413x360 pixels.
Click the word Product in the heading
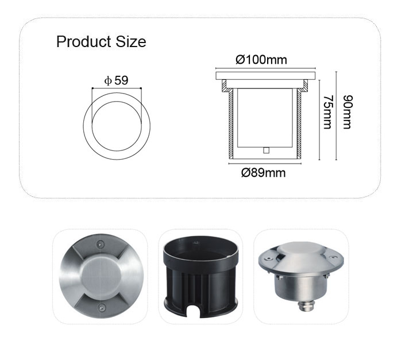coord(83,42)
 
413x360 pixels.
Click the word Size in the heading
coord(131,42)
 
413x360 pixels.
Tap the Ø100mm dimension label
coord(261,60)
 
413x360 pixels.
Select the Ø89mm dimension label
coord(264,173)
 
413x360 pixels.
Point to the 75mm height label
coord(328,112)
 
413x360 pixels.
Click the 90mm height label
coord(348,112)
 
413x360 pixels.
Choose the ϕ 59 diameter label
coord(116,80)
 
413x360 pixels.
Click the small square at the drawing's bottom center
coord(267,150)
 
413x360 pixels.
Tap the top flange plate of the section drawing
coord(265,76)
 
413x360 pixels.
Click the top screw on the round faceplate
coord(100,243)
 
